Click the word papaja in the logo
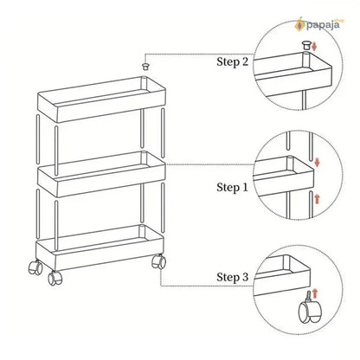coord(323,25)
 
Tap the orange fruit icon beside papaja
coord(299,24)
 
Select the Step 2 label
coord(232,62)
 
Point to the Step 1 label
coord(232,188)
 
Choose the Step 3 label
coord(232,277)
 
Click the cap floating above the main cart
coord(145,66)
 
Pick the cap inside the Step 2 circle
coord(306,45)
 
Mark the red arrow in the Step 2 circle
coord(314,46)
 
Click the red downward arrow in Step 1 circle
coord(317,162)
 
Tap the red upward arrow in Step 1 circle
coord(317,199)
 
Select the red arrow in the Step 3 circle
coord(315,293)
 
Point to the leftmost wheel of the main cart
coord(35,267)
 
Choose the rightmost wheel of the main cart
coord(158,261)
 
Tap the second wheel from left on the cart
coord(55,278)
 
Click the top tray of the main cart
coord(101,99)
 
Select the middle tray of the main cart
coord(101,174)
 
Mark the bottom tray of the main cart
coord(100,247)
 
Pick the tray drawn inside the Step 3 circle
coord(283,275)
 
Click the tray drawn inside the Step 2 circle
coord(292,74)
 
